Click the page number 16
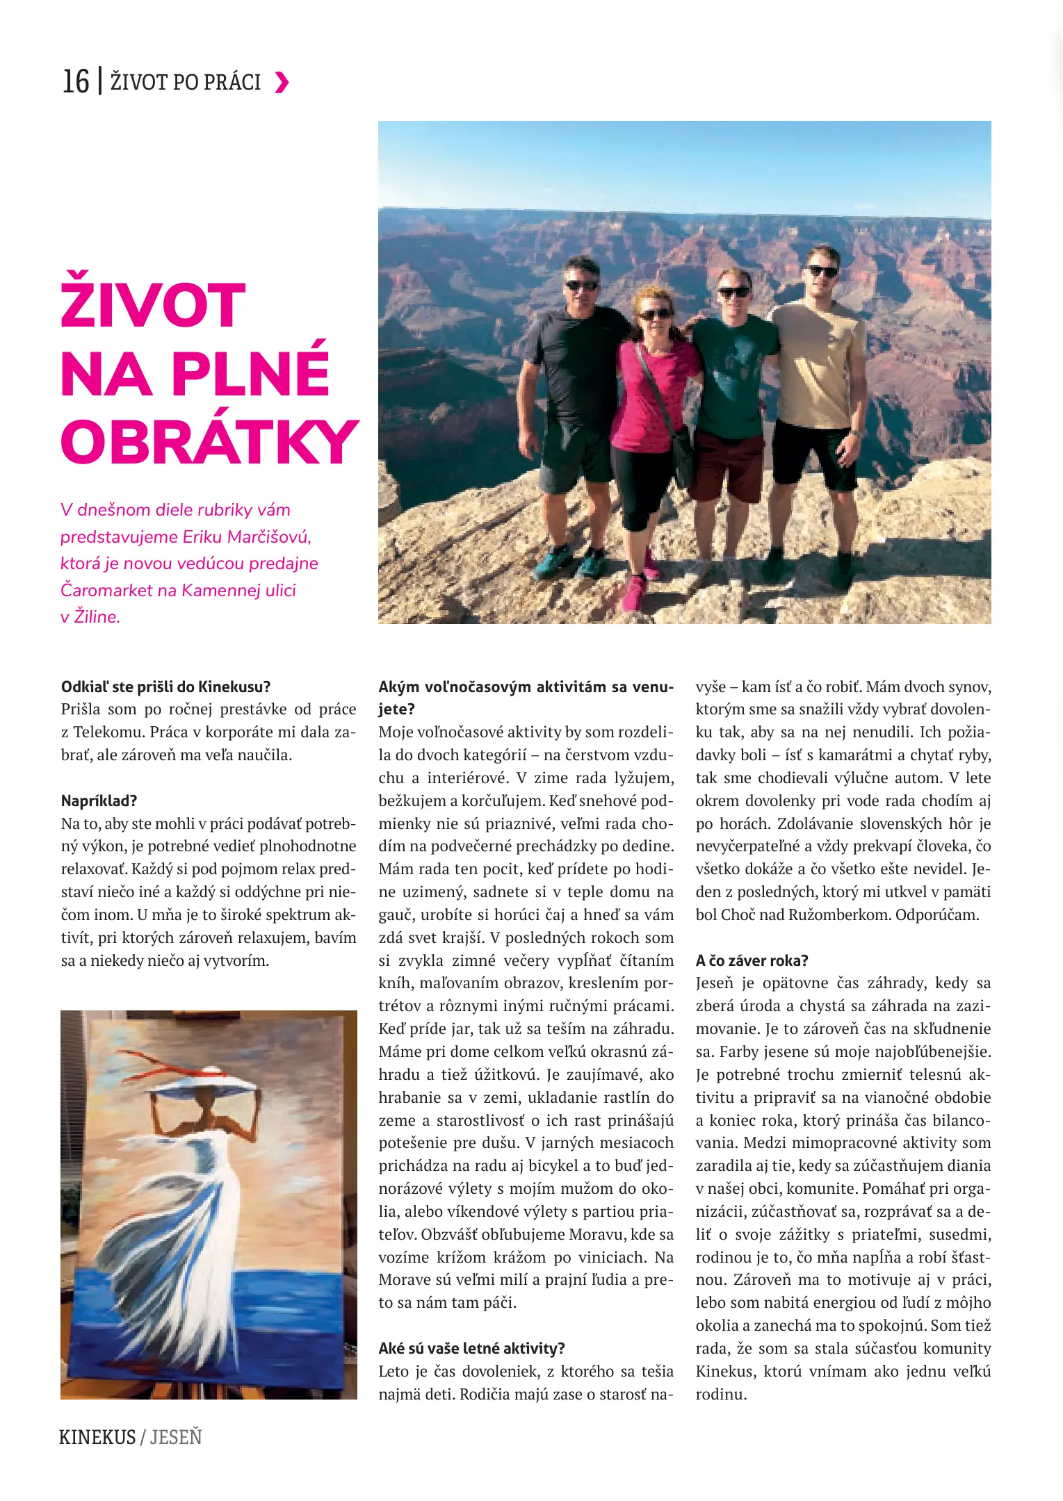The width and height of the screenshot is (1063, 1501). (76, 82)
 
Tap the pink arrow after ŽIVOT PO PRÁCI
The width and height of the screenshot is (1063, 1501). (282, 83)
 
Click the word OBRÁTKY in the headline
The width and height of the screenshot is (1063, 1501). (209, 442)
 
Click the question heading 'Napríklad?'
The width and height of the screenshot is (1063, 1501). (99, 801)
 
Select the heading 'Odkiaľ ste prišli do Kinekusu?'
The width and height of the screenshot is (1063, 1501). (165, 687)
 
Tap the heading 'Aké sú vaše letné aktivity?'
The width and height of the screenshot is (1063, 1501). (471, 1348)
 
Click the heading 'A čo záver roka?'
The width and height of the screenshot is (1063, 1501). (752, 960)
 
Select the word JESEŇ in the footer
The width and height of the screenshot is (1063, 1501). (176, 1437)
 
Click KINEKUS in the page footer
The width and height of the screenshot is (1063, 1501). (97, 1437)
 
